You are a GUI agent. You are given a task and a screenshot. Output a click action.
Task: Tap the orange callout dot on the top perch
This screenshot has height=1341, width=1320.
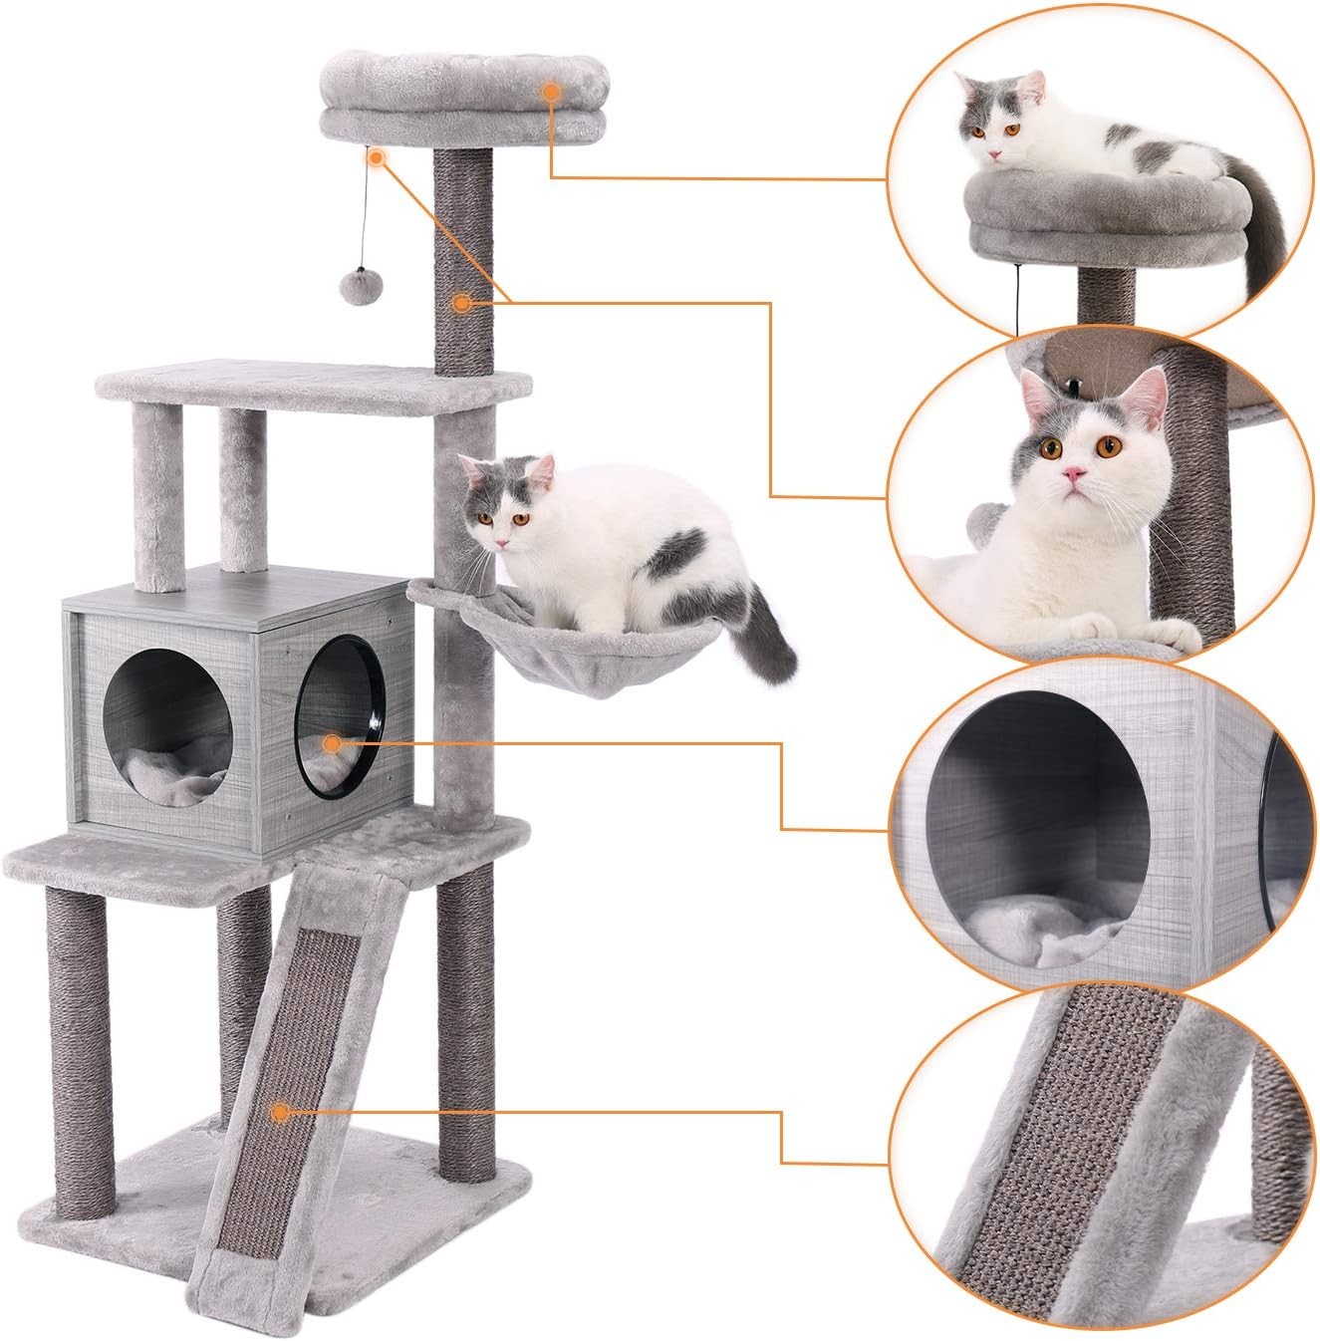550,92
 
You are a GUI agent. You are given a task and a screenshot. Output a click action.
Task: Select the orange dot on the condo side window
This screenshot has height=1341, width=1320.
332,741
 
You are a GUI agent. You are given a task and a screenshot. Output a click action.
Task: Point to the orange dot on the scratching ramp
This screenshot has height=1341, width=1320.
282,1112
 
